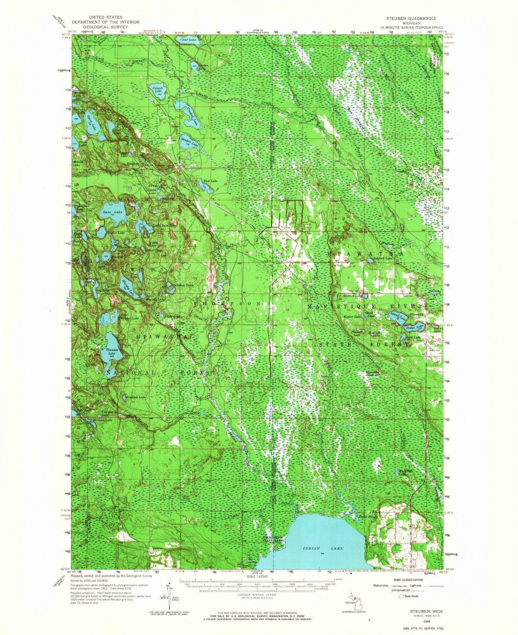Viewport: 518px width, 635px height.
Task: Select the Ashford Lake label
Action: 382,258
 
